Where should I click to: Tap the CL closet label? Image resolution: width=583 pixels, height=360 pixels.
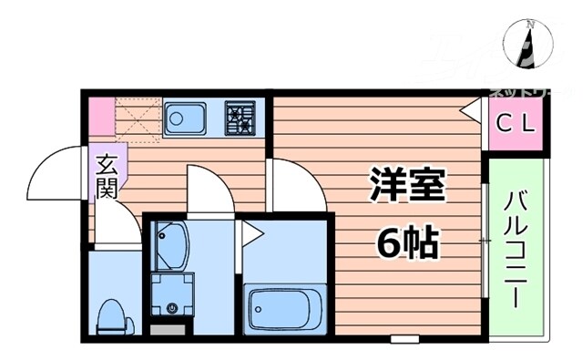(x=516, y=121)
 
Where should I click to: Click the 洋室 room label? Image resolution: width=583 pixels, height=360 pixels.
(x=406, y=186)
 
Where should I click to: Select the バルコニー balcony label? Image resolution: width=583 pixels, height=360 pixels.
(x=516, y=245)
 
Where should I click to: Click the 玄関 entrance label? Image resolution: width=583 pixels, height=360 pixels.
(x=107, y=179)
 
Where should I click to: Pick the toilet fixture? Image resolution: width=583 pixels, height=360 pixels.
(x=113, y=314)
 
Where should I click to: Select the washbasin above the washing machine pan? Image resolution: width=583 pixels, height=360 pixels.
(x=170, y=243)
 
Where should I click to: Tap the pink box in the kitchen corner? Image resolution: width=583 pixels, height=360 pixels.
(x=100, y=114)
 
